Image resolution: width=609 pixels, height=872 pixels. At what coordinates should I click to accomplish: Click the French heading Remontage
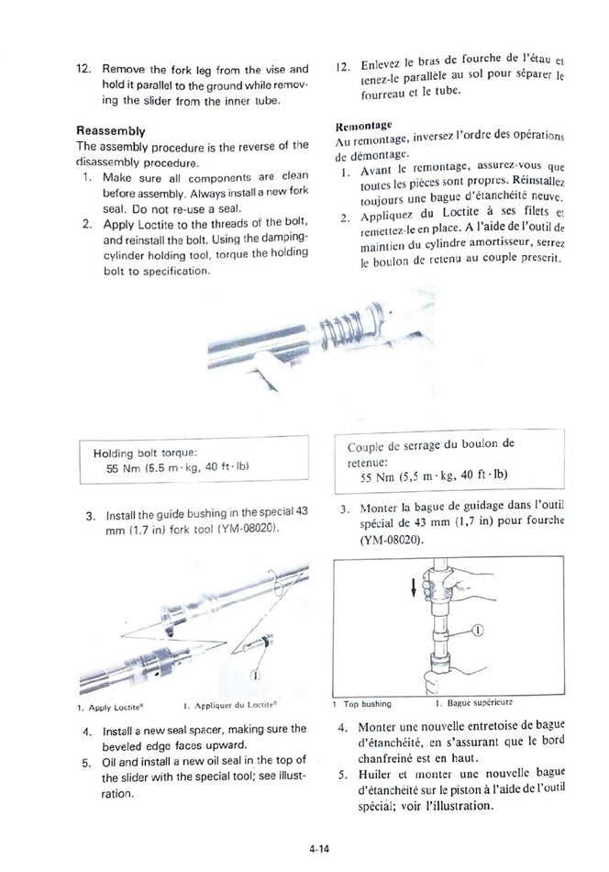click(364, 125)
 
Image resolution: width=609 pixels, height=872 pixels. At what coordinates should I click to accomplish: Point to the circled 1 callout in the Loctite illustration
click(254, 675)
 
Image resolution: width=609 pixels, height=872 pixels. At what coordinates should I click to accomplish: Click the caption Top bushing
click(367, 704)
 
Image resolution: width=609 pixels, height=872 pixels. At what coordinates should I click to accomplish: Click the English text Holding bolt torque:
click(152, 453)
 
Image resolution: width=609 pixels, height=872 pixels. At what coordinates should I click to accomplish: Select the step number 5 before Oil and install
click(85, 761)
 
